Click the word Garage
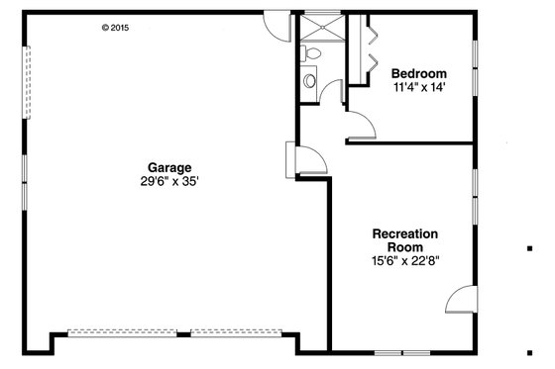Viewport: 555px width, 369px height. coord(169,167)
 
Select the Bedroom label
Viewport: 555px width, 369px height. coord(418,73)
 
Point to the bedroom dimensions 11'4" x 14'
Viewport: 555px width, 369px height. coord(418,87)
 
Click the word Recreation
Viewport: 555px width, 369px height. coord(404,234)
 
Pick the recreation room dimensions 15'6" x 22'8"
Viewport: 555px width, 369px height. coord(404,261)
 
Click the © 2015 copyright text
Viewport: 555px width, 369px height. coord(115,28)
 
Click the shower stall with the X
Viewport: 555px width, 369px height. coord(320,25)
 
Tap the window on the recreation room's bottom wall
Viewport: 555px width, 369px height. coord(401,352)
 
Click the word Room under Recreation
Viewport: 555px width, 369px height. coord(404,247)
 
